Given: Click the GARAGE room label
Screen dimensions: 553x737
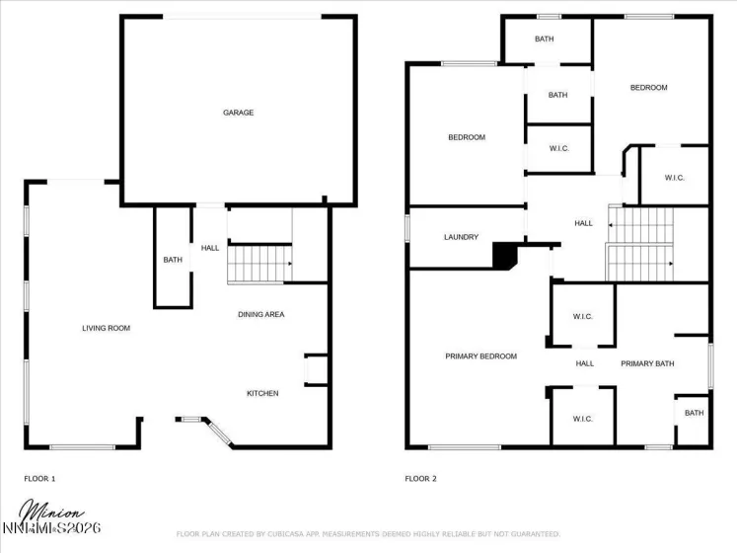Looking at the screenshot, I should coord(238,113).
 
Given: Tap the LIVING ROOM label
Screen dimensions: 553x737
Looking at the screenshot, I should coord(106,328).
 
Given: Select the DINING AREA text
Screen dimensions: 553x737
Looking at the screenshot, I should coord(260,314).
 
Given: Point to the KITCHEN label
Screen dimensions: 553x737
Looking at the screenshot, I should coord(262,393).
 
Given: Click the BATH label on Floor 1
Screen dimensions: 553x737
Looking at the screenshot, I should coord(173,260).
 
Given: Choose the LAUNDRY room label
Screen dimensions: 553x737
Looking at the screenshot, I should coord(461,237).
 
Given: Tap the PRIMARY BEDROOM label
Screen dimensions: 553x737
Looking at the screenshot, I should coord(480,356).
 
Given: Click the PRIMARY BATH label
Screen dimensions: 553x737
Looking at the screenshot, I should coord(647,363).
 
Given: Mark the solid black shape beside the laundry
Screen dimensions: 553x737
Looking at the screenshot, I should coord(506,256).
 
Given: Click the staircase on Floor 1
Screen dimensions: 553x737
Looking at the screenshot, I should coord(259,264).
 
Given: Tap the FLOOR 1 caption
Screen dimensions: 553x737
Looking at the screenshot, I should coord(39,479).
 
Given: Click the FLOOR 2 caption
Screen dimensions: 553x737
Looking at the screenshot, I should coord(420,479).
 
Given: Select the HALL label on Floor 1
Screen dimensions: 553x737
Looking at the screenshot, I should coord(210,248).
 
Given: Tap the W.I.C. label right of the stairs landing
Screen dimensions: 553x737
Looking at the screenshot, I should coord(675,178).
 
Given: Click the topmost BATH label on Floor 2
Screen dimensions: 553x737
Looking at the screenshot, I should coord(545,39).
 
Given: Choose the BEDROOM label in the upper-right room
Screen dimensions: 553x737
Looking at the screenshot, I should coord(648,88).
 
